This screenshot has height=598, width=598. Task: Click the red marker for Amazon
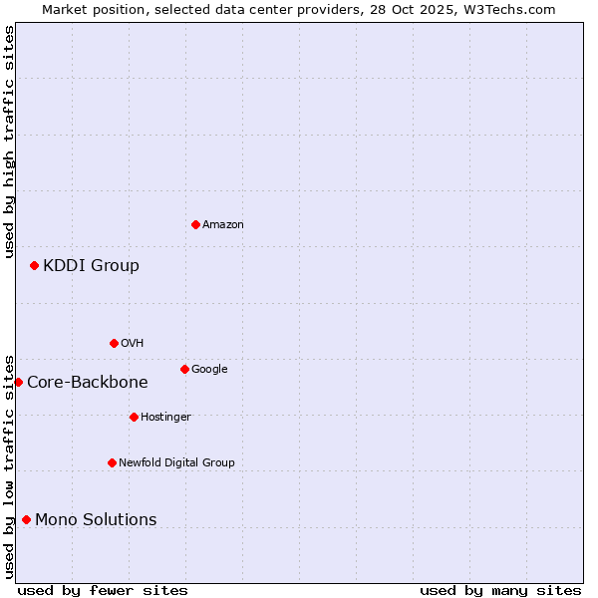195,224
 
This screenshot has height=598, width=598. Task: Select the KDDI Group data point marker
34,265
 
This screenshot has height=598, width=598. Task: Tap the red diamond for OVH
114,343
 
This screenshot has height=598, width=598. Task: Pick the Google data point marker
184,369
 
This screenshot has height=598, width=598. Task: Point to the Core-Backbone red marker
18,382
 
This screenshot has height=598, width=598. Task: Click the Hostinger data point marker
134,417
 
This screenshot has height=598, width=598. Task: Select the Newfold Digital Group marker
112,462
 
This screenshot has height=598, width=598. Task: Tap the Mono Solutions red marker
26,519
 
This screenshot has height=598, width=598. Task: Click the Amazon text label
223,225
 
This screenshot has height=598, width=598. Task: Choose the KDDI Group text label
91,265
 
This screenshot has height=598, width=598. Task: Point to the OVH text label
133,344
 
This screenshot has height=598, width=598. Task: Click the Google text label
209,370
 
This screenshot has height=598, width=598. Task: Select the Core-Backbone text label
87,382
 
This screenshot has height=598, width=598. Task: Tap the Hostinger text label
165,418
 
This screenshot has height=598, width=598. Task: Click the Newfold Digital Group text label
176,463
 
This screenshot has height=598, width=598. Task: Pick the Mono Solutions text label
96,519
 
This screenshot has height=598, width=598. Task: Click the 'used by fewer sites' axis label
103,590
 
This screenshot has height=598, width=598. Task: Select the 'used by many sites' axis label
500,590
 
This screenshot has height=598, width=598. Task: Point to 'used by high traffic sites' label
9,142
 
